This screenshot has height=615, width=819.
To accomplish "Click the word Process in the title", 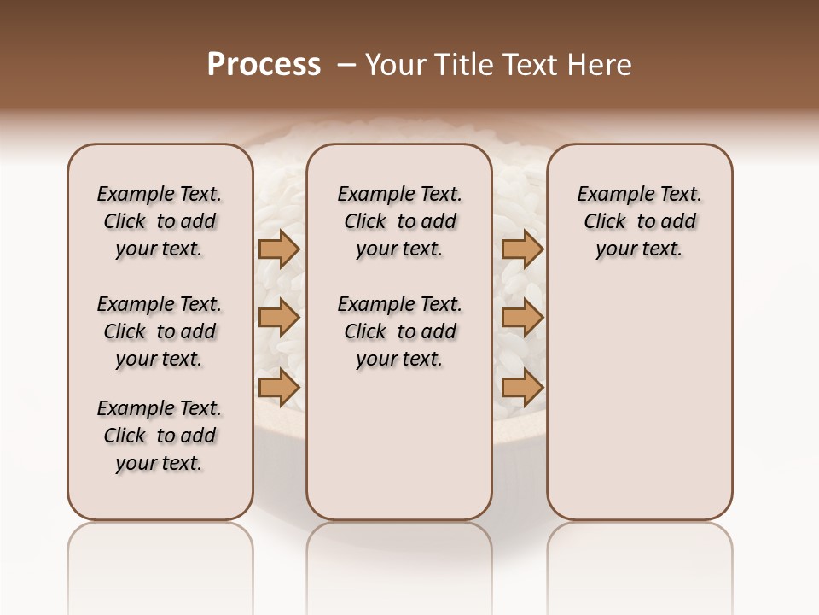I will (264, 64).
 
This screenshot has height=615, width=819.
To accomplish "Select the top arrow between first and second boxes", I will (279, 249).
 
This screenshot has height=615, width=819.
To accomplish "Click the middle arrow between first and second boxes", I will (279, 319).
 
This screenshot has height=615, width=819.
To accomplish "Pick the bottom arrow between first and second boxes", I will (279, 388).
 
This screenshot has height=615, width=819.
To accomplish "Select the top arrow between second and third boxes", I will (522, 249).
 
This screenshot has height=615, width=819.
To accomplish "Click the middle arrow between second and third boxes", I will (522, 319).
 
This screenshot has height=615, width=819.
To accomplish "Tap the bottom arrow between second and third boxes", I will (522, 388).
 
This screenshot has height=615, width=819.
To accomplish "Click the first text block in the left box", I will (160, 221).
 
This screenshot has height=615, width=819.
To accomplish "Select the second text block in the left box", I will (160, 331).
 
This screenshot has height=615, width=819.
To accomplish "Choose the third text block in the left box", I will (160, 436).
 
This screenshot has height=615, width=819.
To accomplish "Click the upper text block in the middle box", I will (399, 221).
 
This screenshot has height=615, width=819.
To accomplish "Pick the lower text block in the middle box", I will (399, 331).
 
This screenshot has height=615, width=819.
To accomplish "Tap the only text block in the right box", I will (639, 221).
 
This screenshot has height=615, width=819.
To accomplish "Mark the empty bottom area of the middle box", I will (399, 453).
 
